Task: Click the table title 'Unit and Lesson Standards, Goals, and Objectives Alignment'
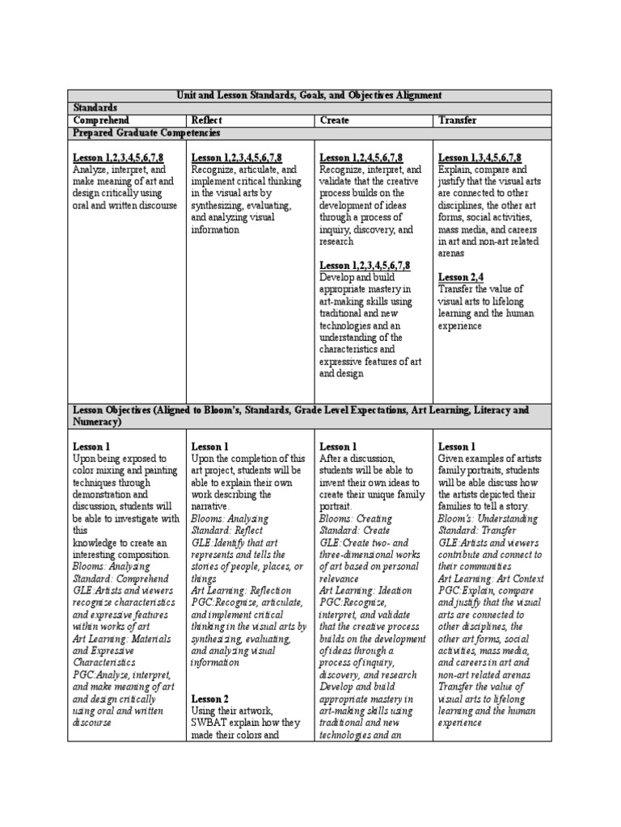310,95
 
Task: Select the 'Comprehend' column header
101,120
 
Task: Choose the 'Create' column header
334,120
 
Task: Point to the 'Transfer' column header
457,120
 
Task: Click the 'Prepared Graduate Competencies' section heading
147,132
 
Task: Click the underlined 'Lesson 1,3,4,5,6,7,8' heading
479,158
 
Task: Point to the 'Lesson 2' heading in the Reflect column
209,699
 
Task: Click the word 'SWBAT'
209,724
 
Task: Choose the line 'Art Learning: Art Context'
491,579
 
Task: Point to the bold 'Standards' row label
95,107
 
